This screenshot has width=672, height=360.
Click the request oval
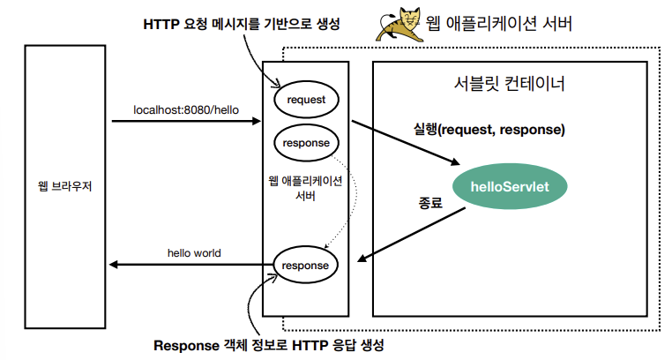(x=306, y=100)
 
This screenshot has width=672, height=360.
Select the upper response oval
(x=306, y=141)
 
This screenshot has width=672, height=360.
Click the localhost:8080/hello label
(x=185, y=110)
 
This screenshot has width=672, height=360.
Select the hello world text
(x=194, y=253)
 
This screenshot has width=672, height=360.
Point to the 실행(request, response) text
(x=489, y=130)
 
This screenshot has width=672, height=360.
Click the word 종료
(x=429, y=201)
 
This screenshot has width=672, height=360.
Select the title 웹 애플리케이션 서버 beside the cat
(x=499, y=24)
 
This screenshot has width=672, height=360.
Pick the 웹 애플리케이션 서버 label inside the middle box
(x=305, y=189)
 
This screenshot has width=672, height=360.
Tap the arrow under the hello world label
(x=190, y=265)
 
